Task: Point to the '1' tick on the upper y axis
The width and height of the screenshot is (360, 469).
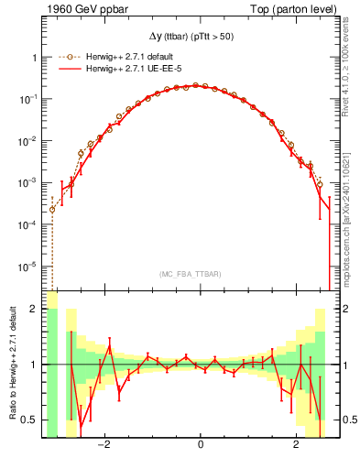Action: [35, 57]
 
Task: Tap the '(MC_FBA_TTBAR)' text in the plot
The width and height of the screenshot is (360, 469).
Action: [190, 274]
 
